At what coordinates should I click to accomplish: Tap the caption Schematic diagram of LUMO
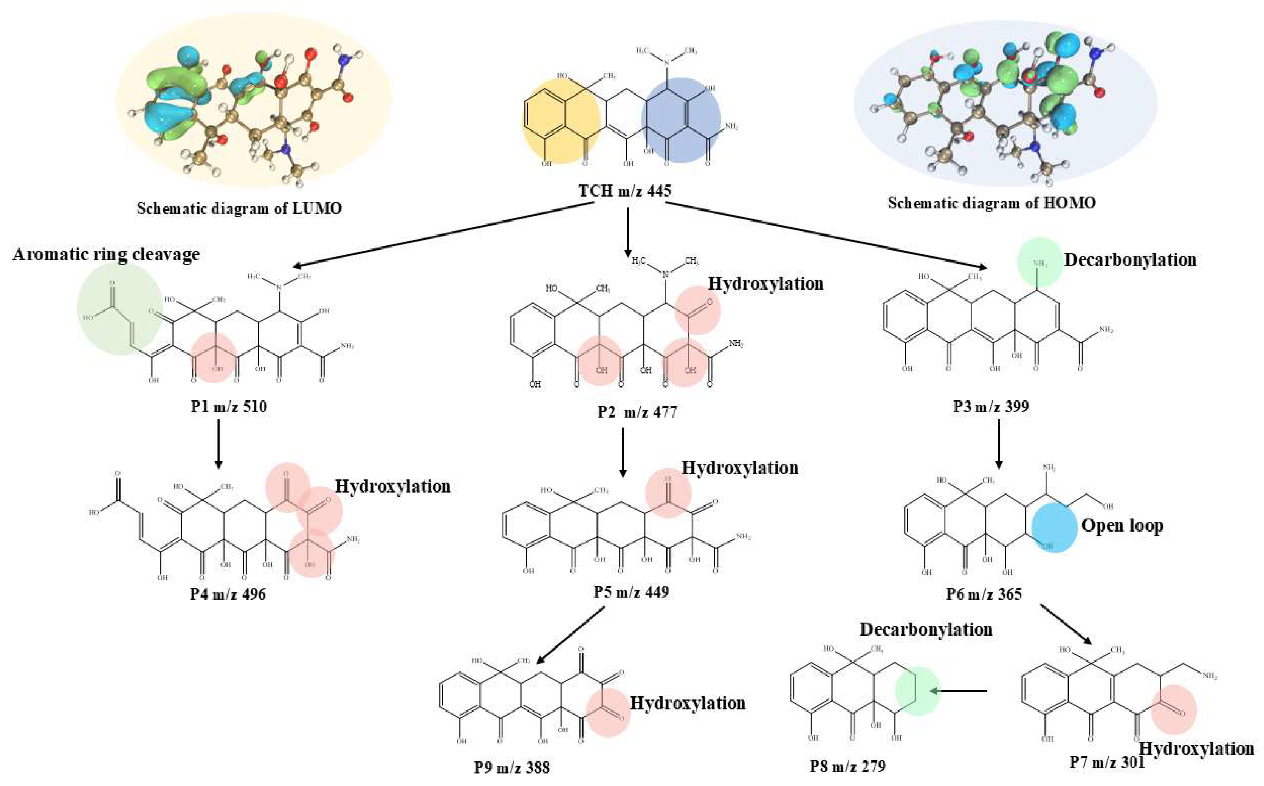click(239, 208)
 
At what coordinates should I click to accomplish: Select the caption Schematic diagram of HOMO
click(991, 203)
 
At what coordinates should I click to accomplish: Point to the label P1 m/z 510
click(229, 406)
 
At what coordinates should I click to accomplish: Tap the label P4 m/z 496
click(228, 594)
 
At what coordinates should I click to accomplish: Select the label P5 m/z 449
click(631, 592)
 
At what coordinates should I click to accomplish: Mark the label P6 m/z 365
click(984, 594)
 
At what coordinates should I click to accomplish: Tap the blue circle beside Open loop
click(1053, 528)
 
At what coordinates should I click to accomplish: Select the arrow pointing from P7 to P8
click(959, 691)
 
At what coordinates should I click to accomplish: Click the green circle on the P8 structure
click(917, 691)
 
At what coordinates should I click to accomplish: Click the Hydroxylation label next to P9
click(688, 703)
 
